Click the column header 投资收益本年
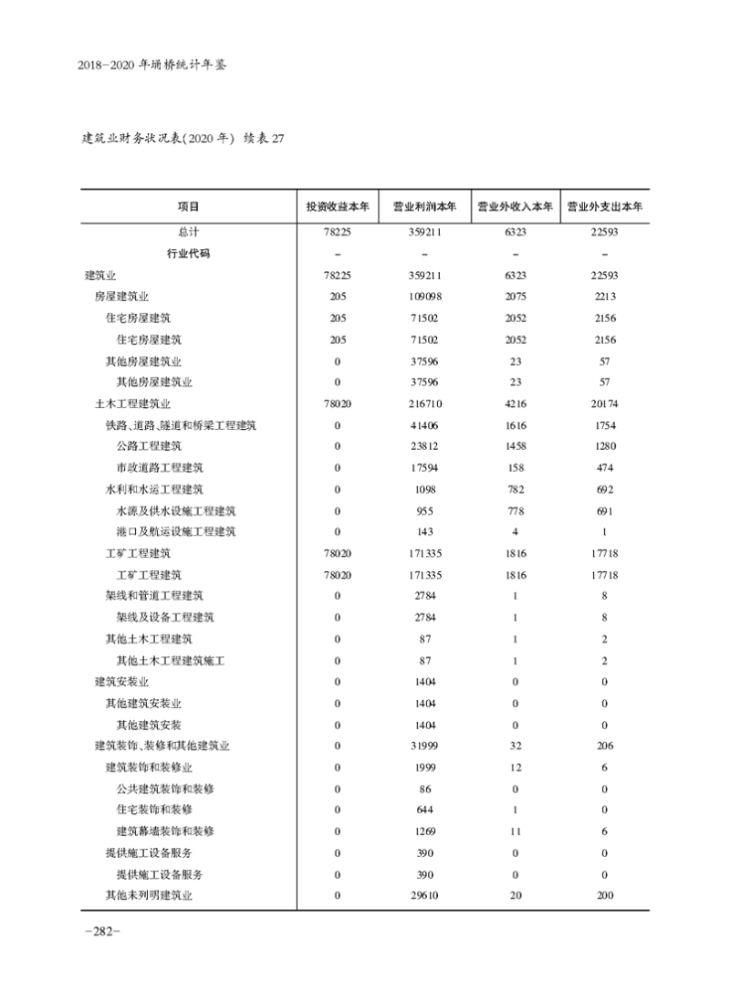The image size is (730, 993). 338,206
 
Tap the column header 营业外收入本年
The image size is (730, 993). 516,206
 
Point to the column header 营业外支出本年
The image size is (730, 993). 605,206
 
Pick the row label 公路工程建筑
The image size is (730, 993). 149,446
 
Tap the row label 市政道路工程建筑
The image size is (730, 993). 154,467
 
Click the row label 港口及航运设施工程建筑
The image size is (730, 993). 176,532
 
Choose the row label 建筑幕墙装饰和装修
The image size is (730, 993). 165,831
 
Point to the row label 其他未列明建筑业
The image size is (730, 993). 149,895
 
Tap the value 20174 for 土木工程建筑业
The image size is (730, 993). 605,403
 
